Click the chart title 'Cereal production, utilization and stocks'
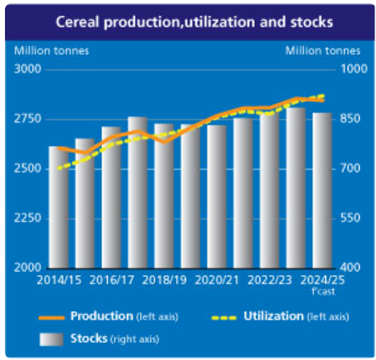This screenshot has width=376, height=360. [x=194, y=22]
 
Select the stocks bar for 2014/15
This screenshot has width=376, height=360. [x=58, y=207]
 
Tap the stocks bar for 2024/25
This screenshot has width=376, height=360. [x=322, y=191]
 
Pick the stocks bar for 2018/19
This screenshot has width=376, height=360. [x=164, y=196]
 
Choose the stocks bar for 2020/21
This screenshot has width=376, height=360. [x=217, y=196]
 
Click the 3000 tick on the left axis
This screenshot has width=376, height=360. [x=28, y=69]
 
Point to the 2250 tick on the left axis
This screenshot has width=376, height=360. [x=28, y=218]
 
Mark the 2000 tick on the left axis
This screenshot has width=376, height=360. [x=28, y=268]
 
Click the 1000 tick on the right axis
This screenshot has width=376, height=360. [x=354, y=69]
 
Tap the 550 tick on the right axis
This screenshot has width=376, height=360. [x=350, y=218]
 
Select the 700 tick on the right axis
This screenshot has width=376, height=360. [x=350, y=169]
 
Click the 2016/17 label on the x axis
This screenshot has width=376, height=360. [x=112, y=280]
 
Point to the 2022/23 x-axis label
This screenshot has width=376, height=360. [x=270, y=280]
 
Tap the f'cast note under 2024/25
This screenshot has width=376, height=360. [x=323, y=291]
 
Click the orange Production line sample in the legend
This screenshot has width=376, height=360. [x=52, y=318]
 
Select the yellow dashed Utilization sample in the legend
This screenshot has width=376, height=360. [x=224, y=318]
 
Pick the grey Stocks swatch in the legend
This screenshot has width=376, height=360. [x=51, y=339]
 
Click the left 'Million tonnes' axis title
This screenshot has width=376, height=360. [x=52, y=51]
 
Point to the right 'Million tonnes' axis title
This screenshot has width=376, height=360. [x=323, y=51]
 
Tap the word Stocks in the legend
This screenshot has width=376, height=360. [x=89, y=339]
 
